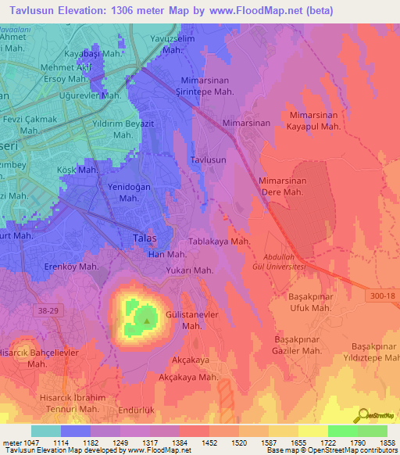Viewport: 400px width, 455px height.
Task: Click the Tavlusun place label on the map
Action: [208, 159]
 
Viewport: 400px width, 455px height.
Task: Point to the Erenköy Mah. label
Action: [72, 267]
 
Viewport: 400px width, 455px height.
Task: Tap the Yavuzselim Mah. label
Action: [174, 43]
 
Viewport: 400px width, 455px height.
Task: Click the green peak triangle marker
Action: [145, 318]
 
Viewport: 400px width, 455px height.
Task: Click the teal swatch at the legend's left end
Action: [45, 431]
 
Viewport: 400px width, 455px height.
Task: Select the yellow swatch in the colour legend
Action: [312, 431]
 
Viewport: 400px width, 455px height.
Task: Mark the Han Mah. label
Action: [167, 255]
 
